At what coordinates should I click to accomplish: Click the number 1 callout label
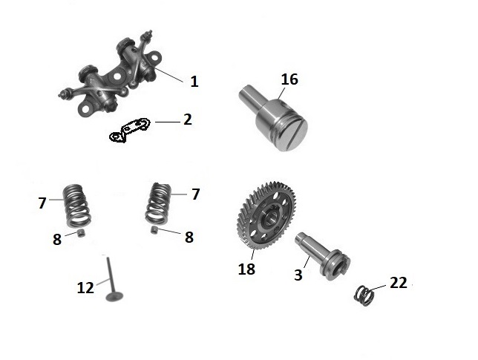tap(194, 82)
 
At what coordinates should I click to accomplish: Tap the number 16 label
tap(289, 79)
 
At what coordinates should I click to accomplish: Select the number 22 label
tap(399, 283)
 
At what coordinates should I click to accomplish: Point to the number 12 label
tap(85, 288)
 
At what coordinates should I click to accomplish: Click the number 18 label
tap(246, 269)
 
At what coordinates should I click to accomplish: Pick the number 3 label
tap(298, 275)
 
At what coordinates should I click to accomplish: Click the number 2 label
tap(188, 120)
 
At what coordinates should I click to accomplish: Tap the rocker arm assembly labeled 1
tap(111, 74)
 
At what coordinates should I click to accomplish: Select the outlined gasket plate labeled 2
tap(130, 130)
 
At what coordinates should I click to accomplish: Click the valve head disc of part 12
tap(114, 296)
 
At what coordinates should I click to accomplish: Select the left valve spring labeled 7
tap(76, 206)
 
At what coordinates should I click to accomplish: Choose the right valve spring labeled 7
tap(158, 203)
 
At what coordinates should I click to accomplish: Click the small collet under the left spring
tap(81, 233)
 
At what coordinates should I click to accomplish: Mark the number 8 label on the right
tap(189, 238)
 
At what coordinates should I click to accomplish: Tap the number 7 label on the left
tap(42, 203)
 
